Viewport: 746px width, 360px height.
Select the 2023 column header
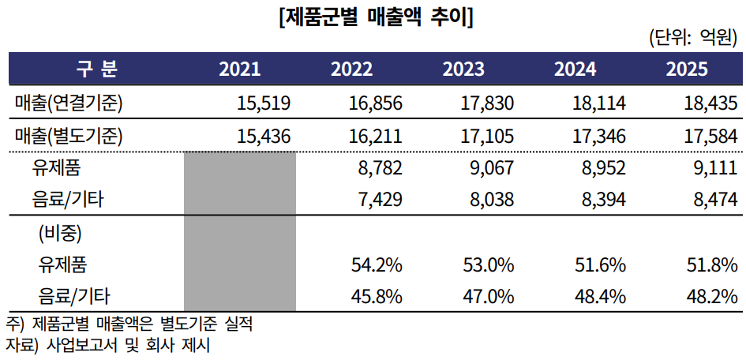463,69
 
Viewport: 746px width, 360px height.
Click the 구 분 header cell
96,69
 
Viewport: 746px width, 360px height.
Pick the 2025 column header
687,69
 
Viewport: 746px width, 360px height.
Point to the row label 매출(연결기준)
69,103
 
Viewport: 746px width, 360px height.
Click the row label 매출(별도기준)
69,137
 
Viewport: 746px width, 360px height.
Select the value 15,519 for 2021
264,103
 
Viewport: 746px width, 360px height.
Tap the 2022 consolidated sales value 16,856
376,103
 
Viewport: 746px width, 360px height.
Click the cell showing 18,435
710,103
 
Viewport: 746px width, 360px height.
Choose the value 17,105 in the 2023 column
487,137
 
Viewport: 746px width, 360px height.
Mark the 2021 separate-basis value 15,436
264,137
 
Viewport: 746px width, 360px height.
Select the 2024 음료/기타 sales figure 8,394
603,199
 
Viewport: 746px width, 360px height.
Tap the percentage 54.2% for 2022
377,265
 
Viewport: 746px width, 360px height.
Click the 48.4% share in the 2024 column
601,297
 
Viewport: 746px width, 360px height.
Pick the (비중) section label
60,234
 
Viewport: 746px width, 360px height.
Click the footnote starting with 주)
129,325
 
